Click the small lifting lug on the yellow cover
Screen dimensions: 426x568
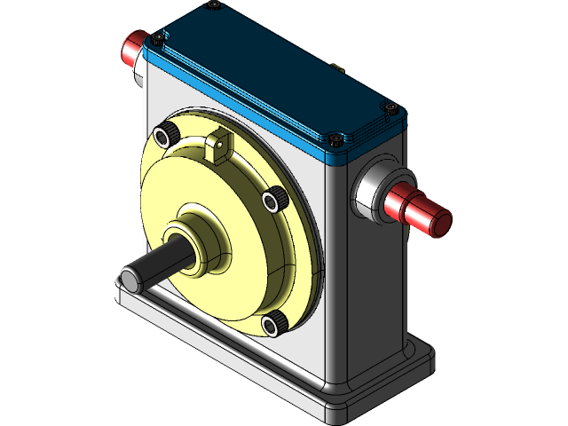click(x=217, y=145)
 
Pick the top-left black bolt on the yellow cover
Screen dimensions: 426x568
click(x=165, y=135)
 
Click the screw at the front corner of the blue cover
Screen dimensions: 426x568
click(x=335, y=140)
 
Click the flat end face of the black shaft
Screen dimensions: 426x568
click(x=129, y=280)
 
